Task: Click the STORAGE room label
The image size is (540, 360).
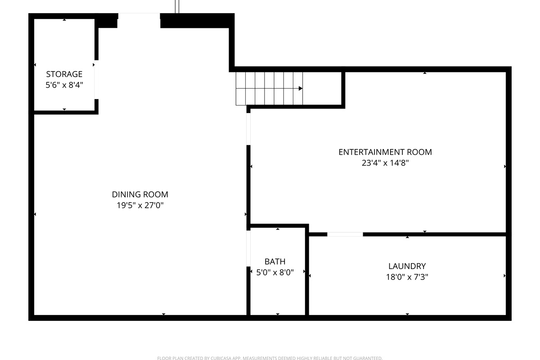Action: point(64,74)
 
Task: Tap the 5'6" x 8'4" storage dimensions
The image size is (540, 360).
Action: point(64,85)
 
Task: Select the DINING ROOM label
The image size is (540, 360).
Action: point(140,194)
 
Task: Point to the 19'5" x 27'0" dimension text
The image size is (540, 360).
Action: point(140,206)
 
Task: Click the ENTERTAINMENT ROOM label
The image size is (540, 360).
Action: point(385,152)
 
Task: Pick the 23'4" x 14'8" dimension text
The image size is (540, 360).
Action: point(385,163)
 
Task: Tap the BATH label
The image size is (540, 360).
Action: point(274,261)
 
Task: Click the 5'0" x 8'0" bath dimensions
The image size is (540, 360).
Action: point(274,272)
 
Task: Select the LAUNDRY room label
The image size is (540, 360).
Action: point(407,266)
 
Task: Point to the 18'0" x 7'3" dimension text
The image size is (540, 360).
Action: point(407,277)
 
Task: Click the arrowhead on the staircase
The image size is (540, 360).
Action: point(300,88)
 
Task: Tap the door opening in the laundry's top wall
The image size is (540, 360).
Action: point(345,234)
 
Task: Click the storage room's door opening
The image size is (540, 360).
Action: point(96,79)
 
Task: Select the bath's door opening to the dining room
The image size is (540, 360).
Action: point(248,248)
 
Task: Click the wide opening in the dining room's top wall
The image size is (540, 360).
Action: point(139,16)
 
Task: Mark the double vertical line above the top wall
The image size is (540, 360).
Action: point(177,6)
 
